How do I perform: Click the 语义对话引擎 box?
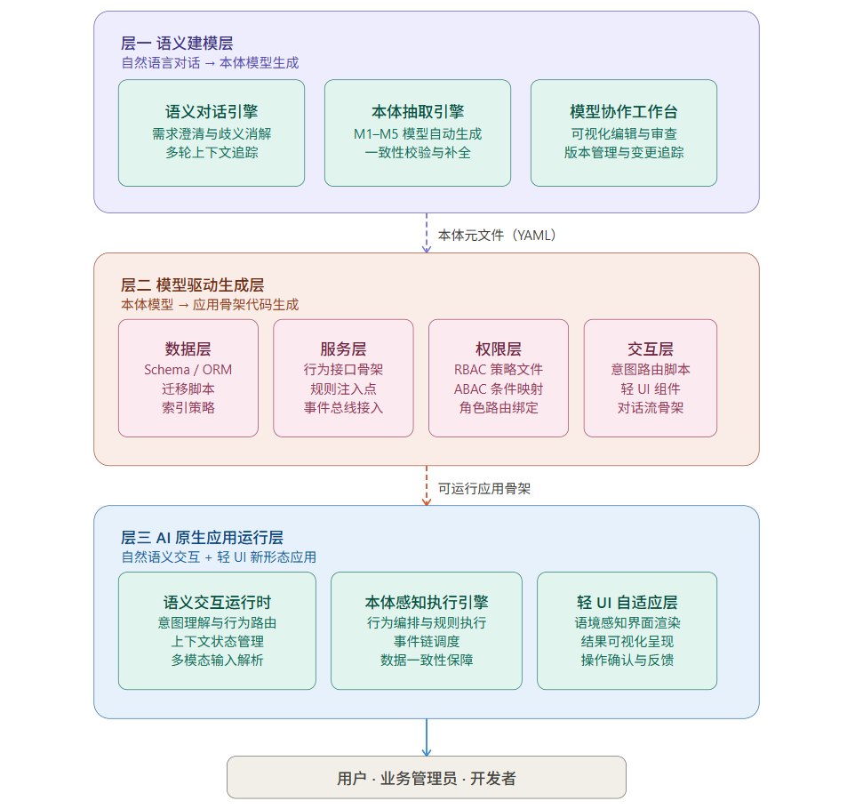(x=212, y=132)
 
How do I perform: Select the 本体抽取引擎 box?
(x=418, y=132)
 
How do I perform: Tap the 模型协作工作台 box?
(x=624, y=132)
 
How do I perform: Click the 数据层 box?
(x=188, y=378)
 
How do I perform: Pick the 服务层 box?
(x=343, y=378)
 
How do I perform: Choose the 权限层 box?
(x=499, y=378)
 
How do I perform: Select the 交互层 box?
(x=651, y=378)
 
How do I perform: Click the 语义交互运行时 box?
(x=217, y=630)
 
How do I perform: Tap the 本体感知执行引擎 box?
(x=427, y=630)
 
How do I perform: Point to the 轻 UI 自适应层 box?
(x=627, y=630)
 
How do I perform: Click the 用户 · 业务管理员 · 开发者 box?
(x=427, y=778)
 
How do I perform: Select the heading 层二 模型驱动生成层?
(x=192, y=285)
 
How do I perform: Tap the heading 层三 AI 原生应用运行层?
(x=202, y=538)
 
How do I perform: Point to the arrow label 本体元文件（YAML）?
(x=497, y=236)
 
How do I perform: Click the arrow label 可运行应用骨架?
(x=484, y=489)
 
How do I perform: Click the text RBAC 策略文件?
(x=499, y=369)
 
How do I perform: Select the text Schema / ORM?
(x=188, y=369)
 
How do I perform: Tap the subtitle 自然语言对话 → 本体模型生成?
(x=210, y=63)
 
